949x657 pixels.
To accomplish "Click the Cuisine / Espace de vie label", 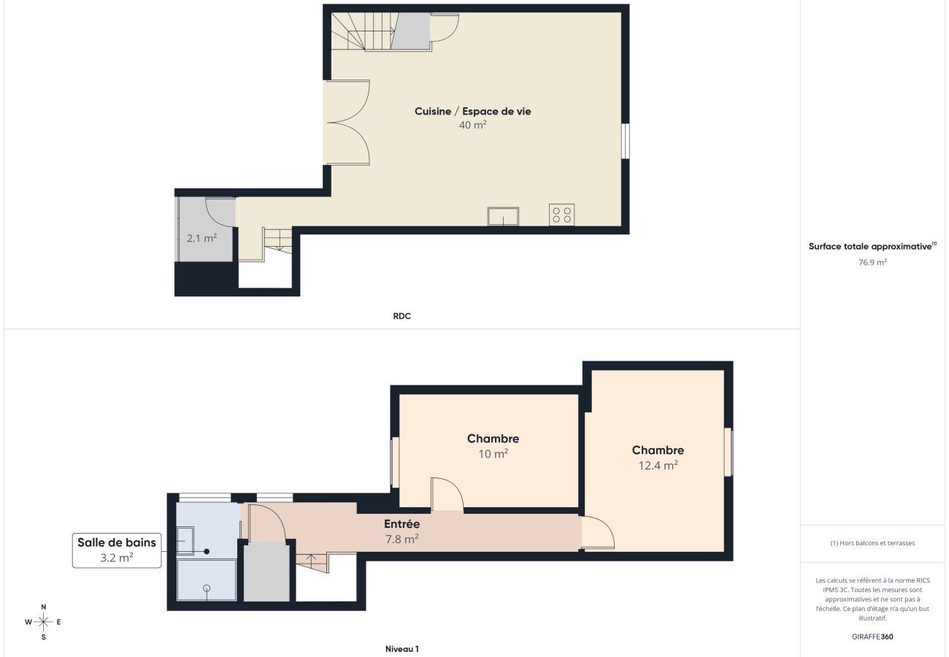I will coord(472,112).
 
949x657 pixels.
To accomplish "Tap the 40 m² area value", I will coord(472,125).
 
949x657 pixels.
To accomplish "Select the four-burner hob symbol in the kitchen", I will coord(561,215).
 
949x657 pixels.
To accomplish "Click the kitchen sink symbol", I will coord(503,216).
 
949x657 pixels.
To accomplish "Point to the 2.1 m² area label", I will coord(201,237).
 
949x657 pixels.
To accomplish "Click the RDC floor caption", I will coord(401,316).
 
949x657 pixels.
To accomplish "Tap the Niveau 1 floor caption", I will coord(401,648).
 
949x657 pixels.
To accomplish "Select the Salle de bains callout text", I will coord(117,542).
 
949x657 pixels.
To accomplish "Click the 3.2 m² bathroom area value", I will coord(117,557).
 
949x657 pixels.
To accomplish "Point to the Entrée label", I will coord(401,524).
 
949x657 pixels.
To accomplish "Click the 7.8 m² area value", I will coord(401,539).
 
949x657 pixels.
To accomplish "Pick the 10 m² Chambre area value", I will coord(493,453).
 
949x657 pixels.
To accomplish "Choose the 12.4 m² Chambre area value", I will coord(658,465).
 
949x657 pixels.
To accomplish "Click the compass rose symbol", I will coord(44,622).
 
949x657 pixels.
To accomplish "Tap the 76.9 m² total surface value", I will coord(872,262).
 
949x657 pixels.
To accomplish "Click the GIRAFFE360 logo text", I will coord(872,637).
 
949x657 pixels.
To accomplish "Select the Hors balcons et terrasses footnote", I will coord(872,543).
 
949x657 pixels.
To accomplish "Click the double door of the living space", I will coord(348,123).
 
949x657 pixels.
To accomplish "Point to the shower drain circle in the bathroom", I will coord(207,588).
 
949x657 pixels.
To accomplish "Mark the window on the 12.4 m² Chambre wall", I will coord(728,453).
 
